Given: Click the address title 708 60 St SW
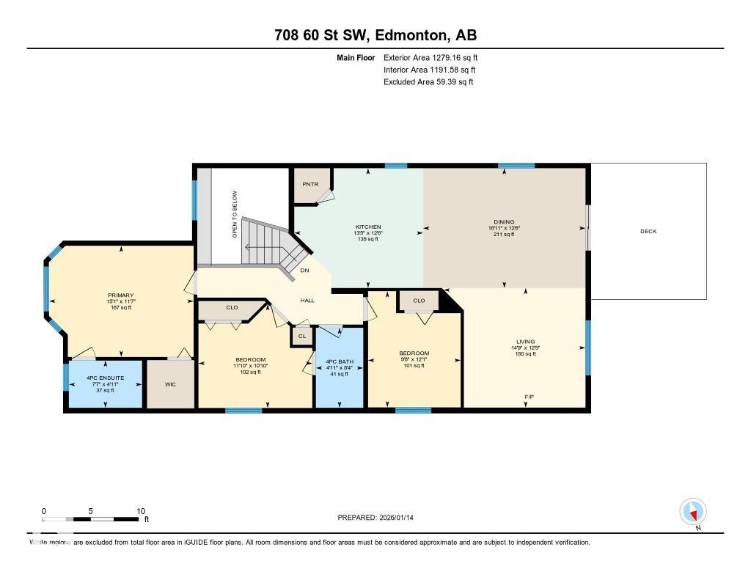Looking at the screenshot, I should (x=375, y=35).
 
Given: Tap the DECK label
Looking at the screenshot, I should (x=648, y=232).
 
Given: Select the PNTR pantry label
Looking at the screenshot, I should (x=310, y=185).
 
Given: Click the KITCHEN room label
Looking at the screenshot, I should (x=367, y=227).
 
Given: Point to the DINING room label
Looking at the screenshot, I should (x=504, y=222).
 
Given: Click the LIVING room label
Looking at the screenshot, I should (x=525, y=342).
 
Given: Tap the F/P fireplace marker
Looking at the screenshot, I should (x=528, y=397).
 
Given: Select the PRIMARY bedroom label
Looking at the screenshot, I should (x=120, y=295).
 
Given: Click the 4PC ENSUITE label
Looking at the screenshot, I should (x=103, y=378).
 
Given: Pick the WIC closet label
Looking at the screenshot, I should (x=170, y=383).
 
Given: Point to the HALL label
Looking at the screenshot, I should (x=307, y=301).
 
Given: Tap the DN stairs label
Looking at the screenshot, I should (x=304, y=270).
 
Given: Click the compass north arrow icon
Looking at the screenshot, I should (x=692, y=512).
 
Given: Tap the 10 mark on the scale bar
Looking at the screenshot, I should (x=141, y=511).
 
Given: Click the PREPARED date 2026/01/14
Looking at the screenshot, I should (x=380, y=518).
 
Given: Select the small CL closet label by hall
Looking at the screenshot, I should (x=301, y=336).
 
